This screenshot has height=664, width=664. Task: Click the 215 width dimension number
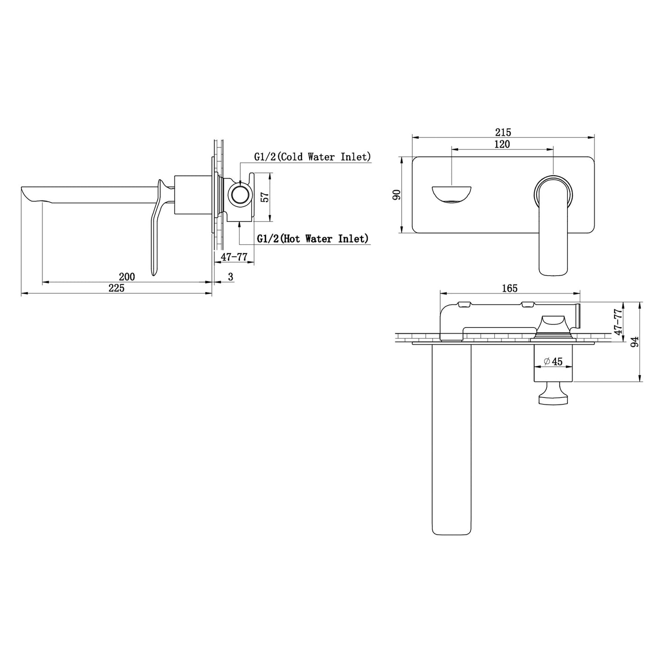pos(503,132)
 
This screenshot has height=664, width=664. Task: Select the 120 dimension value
pos(502,144)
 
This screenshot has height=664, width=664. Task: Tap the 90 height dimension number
pos(397,195)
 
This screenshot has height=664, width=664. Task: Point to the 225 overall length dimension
pos(116,288)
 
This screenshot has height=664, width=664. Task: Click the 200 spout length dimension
pos(127,277)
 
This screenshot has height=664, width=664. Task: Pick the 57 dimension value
pos(265,197)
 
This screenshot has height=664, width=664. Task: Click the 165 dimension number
pos(510,288)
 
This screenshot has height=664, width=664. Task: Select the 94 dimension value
pos(635,341)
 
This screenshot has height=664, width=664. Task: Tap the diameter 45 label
pos(553,362)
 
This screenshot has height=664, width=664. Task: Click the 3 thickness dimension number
pos(231,277)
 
